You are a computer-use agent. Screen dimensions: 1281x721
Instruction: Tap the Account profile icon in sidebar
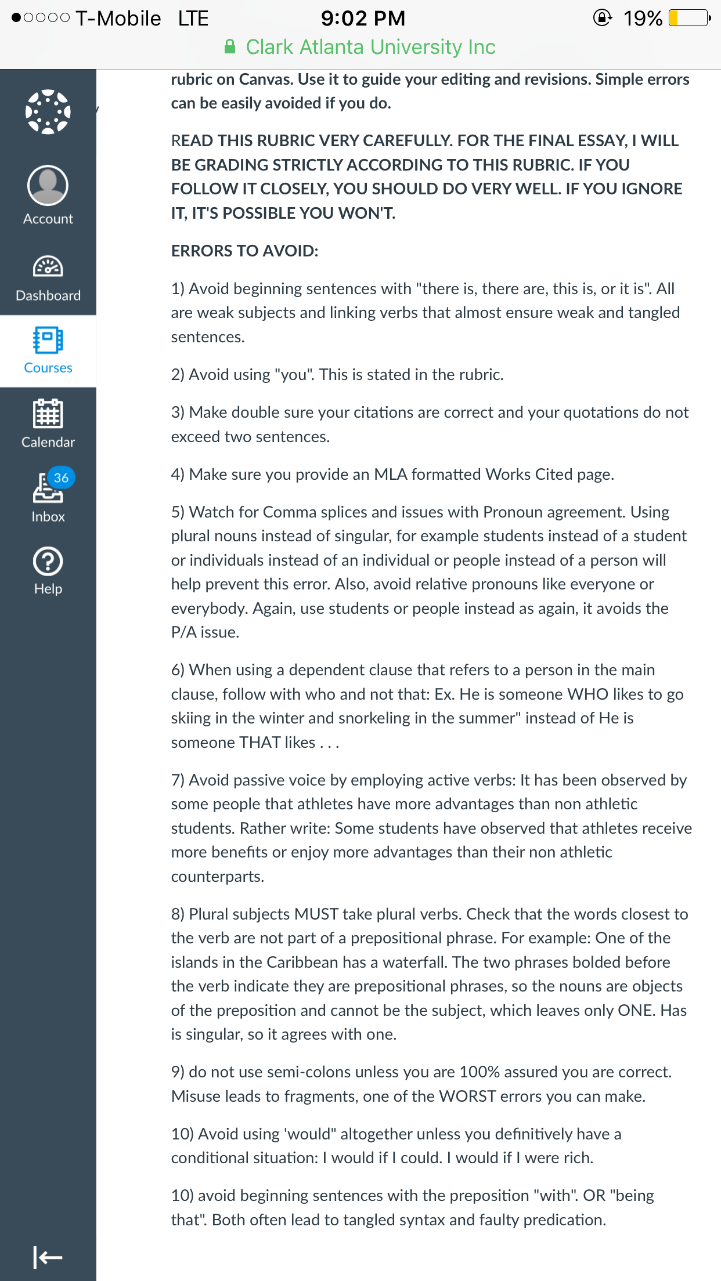(x=48, y=186)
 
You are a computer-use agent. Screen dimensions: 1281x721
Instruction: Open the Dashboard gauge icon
(x=48, y=267)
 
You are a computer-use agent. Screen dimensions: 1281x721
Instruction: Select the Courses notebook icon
(x=48, y=340)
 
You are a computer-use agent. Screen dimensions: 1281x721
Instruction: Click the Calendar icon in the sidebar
(x=48, y=414)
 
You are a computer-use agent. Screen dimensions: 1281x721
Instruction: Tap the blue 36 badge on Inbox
(x=61, y=477)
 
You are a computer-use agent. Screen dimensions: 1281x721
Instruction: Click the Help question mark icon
(x=48, y=562)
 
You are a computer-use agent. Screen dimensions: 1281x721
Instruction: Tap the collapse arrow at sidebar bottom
(x=48, y=1257)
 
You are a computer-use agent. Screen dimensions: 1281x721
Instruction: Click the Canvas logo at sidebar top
(x=48, y=112)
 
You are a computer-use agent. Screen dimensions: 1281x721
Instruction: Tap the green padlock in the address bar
(x=230, y=46)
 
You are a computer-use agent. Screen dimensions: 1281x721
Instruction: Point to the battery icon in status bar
(x=690, y=18)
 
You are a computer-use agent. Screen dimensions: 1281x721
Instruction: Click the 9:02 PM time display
(x=363, y=18)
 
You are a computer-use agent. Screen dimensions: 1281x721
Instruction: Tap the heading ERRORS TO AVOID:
(x=244, y=251)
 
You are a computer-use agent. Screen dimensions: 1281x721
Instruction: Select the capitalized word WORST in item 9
(x=467, y=1096)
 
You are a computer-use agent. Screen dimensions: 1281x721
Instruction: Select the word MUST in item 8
(x=316, y=914)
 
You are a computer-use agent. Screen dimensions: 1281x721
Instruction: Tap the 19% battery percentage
(x=643, y=18)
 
